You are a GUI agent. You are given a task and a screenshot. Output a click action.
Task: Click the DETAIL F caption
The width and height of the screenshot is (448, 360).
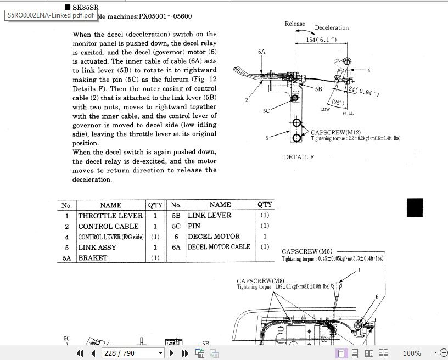coord(299,157)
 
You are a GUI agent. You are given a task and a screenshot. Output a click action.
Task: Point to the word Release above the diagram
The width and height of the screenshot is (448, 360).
coord(295,24)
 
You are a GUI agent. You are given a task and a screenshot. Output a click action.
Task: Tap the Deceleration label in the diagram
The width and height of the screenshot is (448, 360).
coord(332,27)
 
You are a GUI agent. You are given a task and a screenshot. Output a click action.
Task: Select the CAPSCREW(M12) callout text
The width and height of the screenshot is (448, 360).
coord(335,132)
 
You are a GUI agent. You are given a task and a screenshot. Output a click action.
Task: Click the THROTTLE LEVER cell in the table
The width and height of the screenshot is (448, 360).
coord(110,216)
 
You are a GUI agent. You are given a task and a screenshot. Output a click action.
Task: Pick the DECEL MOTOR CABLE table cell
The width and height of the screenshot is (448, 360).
coord(219,247)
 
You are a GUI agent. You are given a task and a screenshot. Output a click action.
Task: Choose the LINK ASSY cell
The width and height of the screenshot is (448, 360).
coord(97,248)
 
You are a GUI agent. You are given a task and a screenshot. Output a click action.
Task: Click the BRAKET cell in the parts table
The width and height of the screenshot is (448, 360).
coord(93,258)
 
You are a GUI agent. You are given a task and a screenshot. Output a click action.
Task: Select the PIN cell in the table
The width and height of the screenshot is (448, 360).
coord(194,226)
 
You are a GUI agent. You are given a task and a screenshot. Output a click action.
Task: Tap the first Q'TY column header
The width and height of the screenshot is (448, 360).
coord(155,205)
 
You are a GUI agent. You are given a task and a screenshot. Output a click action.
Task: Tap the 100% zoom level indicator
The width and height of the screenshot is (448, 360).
coord(412,353)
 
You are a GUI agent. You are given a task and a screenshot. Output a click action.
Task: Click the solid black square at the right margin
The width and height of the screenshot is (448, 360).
coord(415,208)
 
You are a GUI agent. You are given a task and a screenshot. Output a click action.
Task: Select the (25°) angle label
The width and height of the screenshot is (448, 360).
coord(337,103)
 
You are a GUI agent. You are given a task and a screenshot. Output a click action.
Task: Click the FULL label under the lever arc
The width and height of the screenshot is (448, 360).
coord(348,114)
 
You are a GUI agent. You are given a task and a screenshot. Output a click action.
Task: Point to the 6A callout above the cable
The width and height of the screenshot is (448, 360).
coord(261,52)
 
